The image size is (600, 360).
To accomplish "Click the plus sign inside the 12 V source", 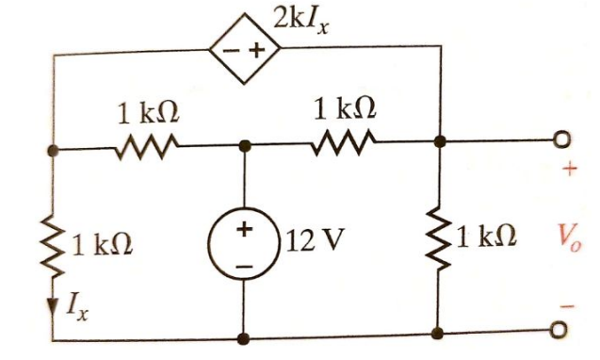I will [244, 229].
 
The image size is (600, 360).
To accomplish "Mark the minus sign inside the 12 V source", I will [244, 265].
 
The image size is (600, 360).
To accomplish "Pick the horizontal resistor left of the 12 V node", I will [147, 147].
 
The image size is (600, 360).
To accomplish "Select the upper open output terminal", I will [562, 140].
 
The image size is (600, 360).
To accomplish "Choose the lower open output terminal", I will [562, 331].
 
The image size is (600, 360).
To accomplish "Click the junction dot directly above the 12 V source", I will [244, 146].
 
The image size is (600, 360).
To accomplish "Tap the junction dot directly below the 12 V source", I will [244, 336].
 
